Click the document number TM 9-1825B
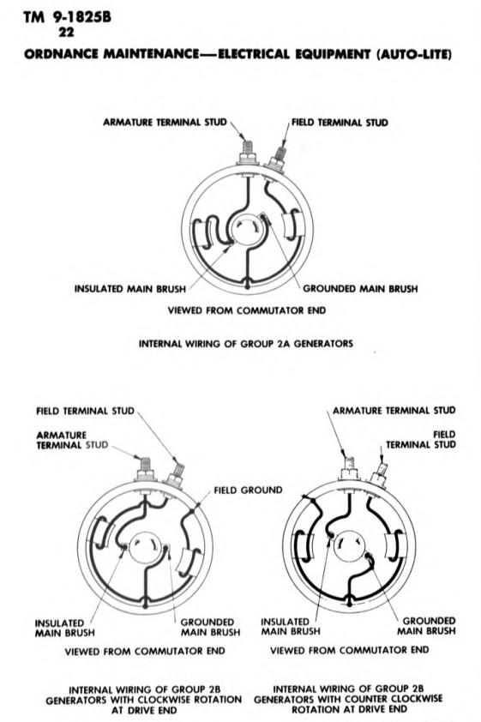(x=67, y=17)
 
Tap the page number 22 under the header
(x=66, y=33)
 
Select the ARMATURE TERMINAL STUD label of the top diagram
(x=165, y=122)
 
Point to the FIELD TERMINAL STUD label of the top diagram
(x=340, y=123)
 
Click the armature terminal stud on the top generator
(x=248, y=153)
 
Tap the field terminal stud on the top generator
(x=278, y=159)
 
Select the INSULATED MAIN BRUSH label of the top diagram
(x=130, y=289)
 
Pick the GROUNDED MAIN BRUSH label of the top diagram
(x=360, y=289)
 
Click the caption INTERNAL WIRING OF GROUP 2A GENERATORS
(x=246, y=344)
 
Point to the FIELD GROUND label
(x=248, y=490)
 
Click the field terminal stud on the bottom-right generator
(x=380, y=473)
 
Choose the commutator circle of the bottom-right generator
(x=350, y=545)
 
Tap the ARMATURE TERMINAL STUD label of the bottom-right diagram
(x=394, y=410)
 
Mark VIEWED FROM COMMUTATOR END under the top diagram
(x=247, y=310)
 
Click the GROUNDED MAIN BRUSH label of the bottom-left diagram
(x=210, y=627)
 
